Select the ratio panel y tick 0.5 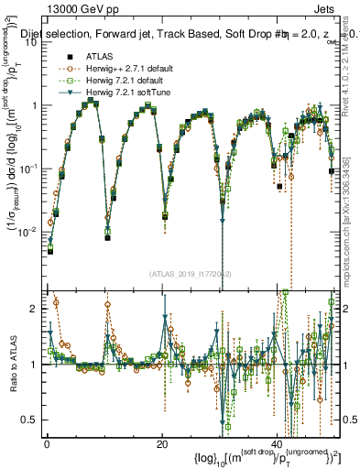pos(29,420)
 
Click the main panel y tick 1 pos(35,105)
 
